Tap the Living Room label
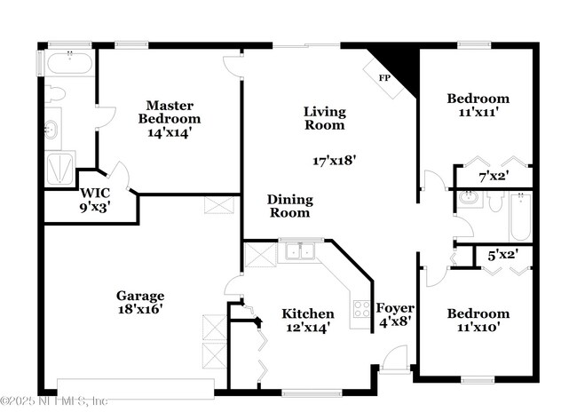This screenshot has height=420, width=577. point(324,118)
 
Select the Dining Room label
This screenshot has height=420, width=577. point(289,206)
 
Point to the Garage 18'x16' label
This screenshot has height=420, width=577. point(139,302)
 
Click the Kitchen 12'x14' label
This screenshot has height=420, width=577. point(307,320)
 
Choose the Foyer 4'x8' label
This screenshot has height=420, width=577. point(395,315)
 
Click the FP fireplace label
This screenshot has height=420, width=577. point(385,78)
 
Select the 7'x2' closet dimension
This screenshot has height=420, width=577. point(492,176)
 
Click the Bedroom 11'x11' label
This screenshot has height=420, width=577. point(478,106)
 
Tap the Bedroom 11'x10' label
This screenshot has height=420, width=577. point(478,320)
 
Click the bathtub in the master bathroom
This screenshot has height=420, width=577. point(67,64)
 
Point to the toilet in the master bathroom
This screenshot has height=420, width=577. point(55,93)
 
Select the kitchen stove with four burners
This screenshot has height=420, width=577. point(361,309)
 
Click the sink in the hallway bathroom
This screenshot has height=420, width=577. point(467,200)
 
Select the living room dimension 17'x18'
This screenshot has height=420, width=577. point(334,161)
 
